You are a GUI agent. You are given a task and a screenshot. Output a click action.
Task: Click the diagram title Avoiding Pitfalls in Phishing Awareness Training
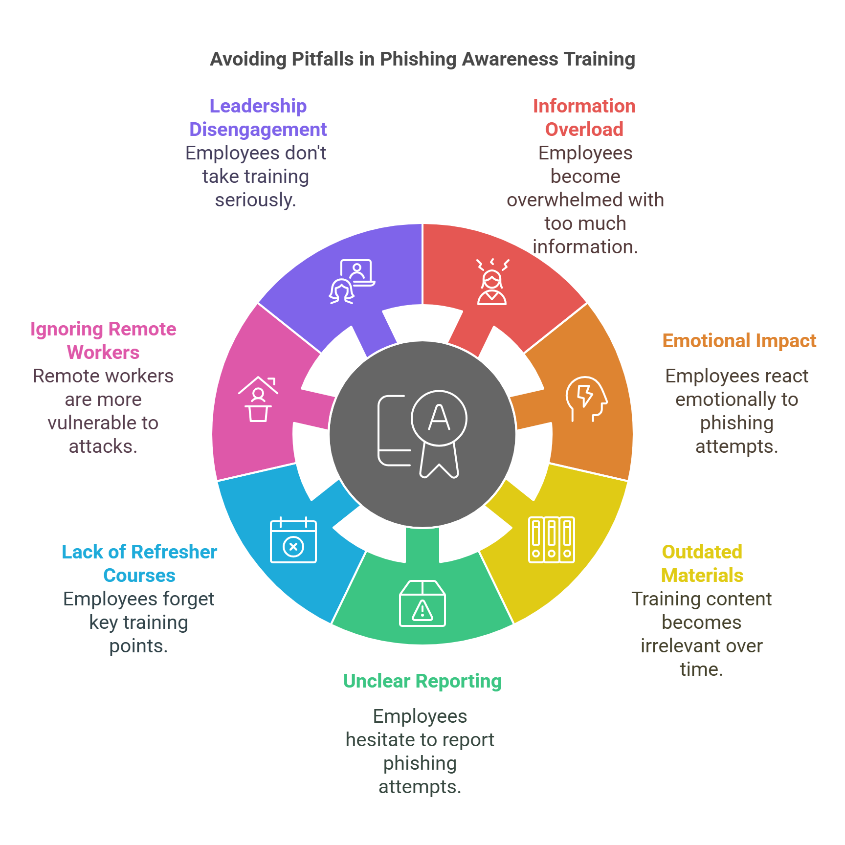[x=422, y=59]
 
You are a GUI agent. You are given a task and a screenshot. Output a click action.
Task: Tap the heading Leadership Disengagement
[x=258, y=117]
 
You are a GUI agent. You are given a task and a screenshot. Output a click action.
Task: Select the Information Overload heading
[x=584, y=117]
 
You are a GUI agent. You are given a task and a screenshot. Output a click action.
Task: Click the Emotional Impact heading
[x=739, y=341]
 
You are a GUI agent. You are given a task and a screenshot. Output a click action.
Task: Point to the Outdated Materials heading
[x=702, y=563]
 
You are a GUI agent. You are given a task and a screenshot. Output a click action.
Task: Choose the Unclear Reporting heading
[x=422, y=681]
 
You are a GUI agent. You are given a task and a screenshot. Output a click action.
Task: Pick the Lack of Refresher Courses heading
[x=139, y=563]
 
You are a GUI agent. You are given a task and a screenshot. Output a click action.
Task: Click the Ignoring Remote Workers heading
[x=103, y=340]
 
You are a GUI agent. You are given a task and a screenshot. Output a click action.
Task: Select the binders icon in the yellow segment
[x=552, y=540]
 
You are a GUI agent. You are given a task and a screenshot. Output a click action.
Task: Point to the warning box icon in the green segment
[x=422, y=603]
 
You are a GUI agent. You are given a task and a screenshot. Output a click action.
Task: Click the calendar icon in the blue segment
[x=293, y=540]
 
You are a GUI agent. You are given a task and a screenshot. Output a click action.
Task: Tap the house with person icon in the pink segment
[x=258, y=399]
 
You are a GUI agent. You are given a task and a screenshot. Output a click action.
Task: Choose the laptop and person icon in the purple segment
[x=352, y=281]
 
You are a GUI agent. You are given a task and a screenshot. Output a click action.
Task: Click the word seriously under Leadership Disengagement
[x=255, y=200]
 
